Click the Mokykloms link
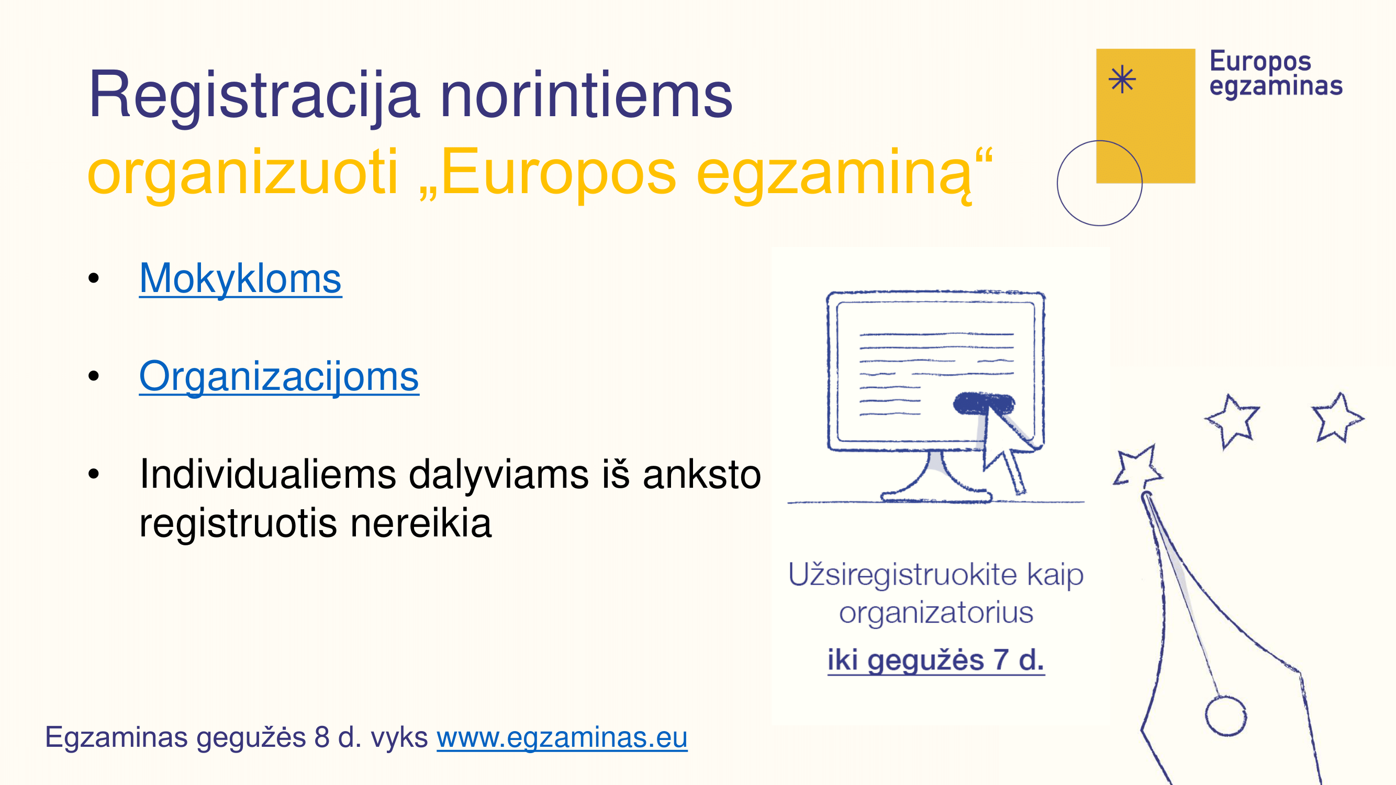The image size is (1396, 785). click(x=240, y=278)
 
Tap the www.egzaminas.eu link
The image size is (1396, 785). click(x=562, y=737)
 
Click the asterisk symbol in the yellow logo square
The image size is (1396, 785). click(x=1122, y=80)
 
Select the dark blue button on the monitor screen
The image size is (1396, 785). click(x=984, y=403)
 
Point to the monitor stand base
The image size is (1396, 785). click(x=936, y=495)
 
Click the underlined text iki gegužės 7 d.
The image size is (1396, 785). click(x=936, y=660)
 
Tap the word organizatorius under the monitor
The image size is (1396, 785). click(x=936, y=613)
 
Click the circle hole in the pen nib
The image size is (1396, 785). click(x=1226, y=715)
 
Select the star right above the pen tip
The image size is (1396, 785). click(x=1138, y=466)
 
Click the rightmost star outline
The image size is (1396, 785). click(x=1337, y=418)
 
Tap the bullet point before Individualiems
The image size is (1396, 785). click(x=94, y=474)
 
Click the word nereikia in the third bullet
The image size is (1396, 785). click(x=421, y=524)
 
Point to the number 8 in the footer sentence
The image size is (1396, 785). click(x=322, y=737)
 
